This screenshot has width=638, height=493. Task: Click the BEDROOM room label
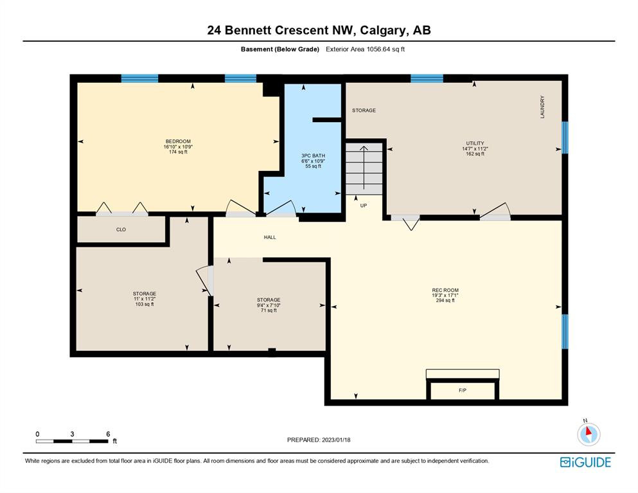click(178, 141)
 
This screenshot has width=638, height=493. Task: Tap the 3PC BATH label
click(313, 156)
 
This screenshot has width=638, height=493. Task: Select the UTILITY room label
click(475, 143)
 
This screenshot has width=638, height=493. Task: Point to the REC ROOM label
click(445, 291)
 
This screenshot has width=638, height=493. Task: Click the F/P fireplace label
click(462, 390)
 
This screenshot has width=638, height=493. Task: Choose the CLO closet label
click(121, 229)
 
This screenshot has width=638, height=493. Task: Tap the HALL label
click(270, 237)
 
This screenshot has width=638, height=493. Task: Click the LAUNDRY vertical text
click(542, 107)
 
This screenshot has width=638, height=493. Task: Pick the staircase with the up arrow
click(364, 168)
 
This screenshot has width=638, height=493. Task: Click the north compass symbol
click(589, 434)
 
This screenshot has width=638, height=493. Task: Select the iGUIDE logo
click(585, 462)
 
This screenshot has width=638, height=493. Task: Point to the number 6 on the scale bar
click(108, 434)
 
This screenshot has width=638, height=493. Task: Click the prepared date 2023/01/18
click(336, 440)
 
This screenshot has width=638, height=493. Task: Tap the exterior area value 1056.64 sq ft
click(385, 49)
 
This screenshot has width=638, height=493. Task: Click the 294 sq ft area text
click(445, 300)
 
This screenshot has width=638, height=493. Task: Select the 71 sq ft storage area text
click(269, 310)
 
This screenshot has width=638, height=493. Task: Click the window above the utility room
click(427, 78)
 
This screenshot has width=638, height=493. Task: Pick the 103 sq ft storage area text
click(145, 304)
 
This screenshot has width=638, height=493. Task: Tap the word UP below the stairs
click(364, 206)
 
